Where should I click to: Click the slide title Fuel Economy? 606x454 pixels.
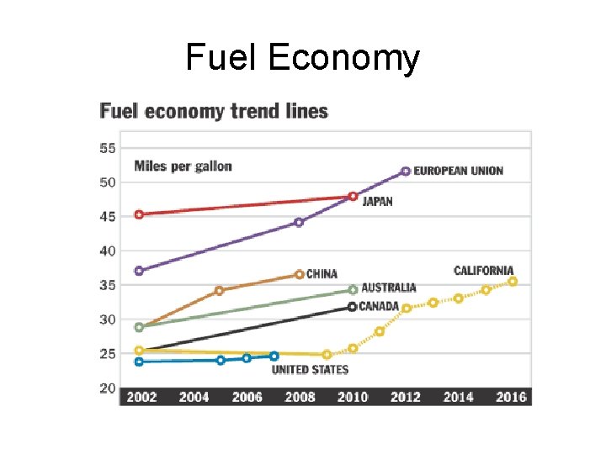click(x=302, y=58)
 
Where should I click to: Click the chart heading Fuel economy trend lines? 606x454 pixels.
click(x=214, y=111)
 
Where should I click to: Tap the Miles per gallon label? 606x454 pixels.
click(x=183, y=166)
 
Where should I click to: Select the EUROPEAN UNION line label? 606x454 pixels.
click(x=458, y=171)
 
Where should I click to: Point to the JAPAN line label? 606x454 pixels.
click(x=377, y=202)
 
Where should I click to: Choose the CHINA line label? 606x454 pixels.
click(x=322, y=274)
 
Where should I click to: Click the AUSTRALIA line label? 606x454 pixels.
click(x=388, y=288)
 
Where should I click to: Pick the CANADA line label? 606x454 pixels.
click(x=379, y=307)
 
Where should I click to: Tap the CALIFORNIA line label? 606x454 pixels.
click(x=483, y=271)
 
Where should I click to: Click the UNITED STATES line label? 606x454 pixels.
click(x=310, y=369)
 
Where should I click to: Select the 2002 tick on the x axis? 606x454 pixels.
click(x=141, y=397)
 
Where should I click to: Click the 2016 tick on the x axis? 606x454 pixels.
click(x=511, y=397)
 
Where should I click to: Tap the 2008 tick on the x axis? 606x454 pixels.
click(x=300, y=397)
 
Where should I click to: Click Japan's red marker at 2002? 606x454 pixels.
click(x=139, y=214)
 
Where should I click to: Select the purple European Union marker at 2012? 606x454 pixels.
click(x=406, y=171)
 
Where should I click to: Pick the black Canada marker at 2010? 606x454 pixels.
click(x=352, y=307)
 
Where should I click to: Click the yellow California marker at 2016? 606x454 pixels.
click(x=513, y=282)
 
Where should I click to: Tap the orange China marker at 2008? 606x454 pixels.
click(x=300, y=274)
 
